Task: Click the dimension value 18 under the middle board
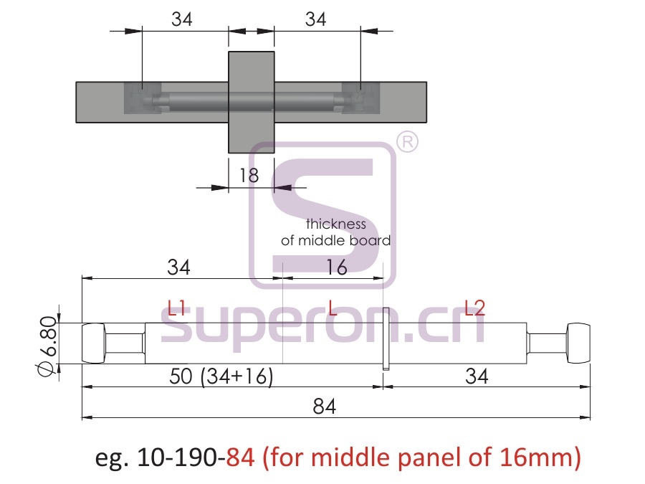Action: (249, 176)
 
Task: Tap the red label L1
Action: (177, 308)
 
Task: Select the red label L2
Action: (474, 308)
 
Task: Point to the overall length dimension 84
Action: (324, 407)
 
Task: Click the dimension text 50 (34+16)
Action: (221, 376)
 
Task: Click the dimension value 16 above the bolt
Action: (337, 267)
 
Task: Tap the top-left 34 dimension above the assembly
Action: (182, 19)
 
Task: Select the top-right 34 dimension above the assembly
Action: (315, 19)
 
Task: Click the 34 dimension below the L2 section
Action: (477, 376)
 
